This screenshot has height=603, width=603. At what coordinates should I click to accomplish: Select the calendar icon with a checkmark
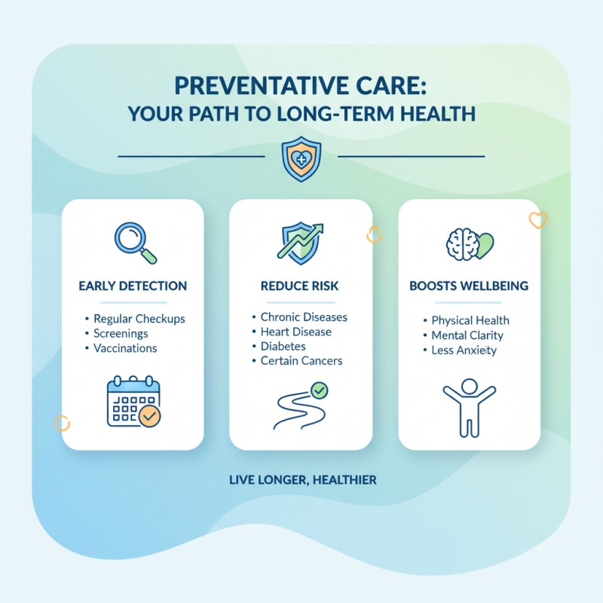pyautogui.click(x=133, y=402)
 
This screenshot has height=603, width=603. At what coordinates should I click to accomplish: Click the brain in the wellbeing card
pyautogui.click(x=461, y=245)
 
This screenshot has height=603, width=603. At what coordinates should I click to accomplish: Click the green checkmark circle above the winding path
pyautogui.click(x=320, y=390)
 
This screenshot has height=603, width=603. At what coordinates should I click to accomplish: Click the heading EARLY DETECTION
pyautogui.click(x=133, y=286)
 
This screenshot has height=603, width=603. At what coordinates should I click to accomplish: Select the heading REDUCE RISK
pyautogui.click(x=301, y=286)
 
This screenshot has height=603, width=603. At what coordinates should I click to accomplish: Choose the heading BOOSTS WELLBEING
pyautogui.click(x=469, y=286)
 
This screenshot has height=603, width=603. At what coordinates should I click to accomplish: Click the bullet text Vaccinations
pyautogui.click(x=125, y=348)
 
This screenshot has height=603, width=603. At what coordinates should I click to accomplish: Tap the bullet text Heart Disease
pyautogui.click(x=295, y=332)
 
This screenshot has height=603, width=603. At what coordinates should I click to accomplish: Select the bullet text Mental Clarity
pyautogui.click(x=467, y=335)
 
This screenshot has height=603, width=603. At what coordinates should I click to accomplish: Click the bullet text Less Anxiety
pyautogui.click(x=464, y=350)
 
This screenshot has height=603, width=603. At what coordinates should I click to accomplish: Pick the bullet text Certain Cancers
pyautogui.click(x=301, y=360)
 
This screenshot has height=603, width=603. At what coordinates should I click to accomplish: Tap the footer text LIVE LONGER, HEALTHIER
pyautogui.click(x=301, y=479)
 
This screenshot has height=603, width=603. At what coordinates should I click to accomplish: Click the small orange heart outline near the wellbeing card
pyautogui.click(x=537, y=220)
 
